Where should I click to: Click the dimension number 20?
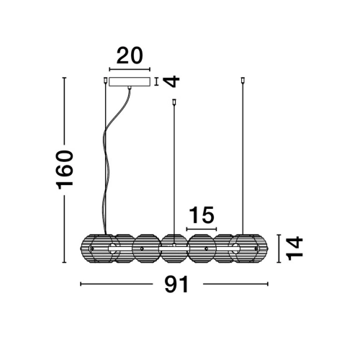coord(130,55)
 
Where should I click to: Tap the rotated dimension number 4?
coord(171,81)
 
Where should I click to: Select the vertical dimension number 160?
coord(64,170)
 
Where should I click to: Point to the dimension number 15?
coord(202,215)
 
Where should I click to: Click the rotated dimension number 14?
coord(295,248)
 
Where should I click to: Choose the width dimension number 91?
coord(177,284)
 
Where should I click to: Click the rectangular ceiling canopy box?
coord(130,81)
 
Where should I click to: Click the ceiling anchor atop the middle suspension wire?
coord(174,102)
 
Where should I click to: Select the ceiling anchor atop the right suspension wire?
coord(243,80)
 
